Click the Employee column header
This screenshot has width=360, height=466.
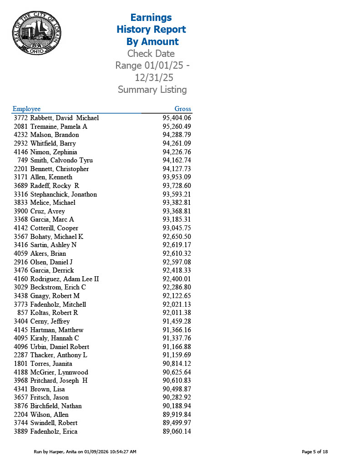(26, 109)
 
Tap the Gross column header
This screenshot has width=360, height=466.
(183, 109)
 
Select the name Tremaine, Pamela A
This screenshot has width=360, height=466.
(59, 127)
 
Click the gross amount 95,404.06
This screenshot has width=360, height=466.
(177, 118)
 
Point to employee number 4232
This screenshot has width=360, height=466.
(21, 135)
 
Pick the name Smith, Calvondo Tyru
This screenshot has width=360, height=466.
(61, 160)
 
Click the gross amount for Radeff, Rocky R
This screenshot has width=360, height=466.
(177, 186)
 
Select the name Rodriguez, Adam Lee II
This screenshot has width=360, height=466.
(65, 279)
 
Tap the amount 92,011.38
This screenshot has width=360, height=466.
(177, 313)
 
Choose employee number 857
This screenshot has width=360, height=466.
(23, 313)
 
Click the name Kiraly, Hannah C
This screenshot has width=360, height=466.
(55, 338)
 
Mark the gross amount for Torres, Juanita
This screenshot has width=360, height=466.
(177, 364)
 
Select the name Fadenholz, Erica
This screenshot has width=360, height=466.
(54, 431)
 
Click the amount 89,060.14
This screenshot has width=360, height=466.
(177, 431)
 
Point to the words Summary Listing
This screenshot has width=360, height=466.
(152, 90)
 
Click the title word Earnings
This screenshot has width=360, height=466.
(151, 17)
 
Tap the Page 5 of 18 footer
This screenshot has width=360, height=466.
(314, 452)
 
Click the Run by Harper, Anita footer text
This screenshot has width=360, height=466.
(85, 452)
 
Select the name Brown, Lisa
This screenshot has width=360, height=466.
(47, 389)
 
